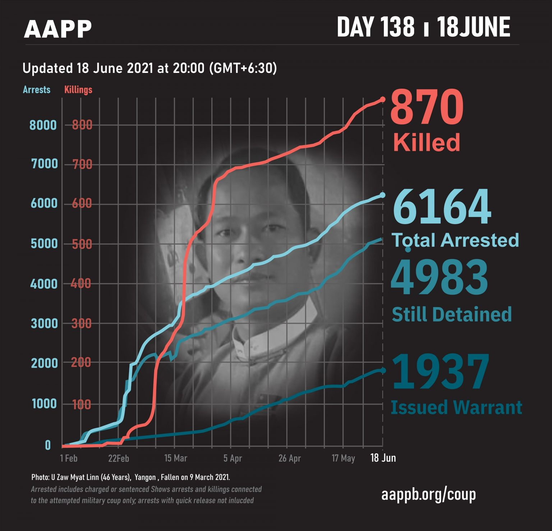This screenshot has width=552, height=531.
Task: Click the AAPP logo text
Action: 57,29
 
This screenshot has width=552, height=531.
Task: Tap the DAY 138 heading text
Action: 376,27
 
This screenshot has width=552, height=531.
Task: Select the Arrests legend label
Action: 37,89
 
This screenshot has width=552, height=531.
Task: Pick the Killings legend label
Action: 78,89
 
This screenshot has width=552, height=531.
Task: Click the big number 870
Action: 427,107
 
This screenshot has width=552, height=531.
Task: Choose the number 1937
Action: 441,372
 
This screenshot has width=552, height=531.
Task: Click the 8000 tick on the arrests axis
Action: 43,125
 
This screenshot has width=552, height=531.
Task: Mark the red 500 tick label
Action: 82,244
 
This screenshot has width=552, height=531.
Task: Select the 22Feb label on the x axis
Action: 119,458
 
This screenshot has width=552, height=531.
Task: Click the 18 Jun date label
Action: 383,458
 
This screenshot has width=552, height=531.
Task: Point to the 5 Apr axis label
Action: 233,458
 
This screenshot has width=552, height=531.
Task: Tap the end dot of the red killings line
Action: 383,99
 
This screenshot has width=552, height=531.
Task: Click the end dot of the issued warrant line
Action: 383,370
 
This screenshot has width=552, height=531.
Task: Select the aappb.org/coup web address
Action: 428,494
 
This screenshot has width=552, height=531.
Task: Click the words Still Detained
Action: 451,314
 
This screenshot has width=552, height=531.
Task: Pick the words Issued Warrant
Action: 456,407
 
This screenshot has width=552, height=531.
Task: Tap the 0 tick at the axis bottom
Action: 48,445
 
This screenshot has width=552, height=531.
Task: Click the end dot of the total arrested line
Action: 382,195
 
